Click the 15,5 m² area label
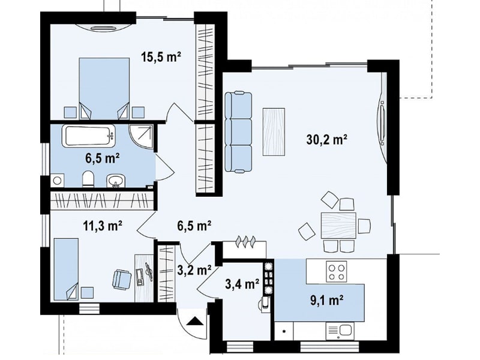coord(161,57)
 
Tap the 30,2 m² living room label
coord(326,140)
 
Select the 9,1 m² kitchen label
coord(326,301)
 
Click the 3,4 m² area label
coord(242,284)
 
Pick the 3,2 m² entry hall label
coord(194,270)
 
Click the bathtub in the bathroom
coord(89,136)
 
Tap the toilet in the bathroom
coord(88,179)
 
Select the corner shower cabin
coord(141,136)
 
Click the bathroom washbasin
coord(116,181)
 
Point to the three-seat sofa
coord(238,132)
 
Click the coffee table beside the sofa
coord(274,132)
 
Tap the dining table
coord(338,226)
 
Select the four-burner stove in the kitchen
coord(337,271)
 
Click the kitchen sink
coord(340,331)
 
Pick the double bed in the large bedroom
coord(104,88)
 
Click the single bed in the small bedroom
coord(66,269)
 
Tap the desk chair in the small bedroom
coord(122,278)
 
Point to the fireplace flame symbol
coord(245,241)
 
